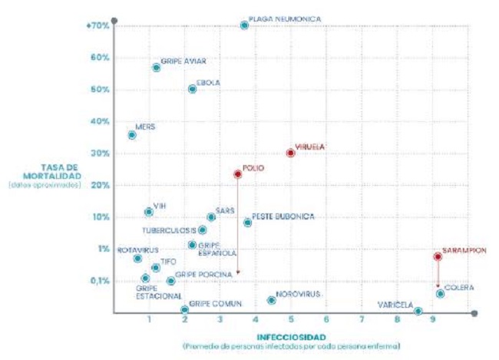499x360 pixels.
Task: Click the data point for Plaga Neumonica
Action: click(x=244, y=25)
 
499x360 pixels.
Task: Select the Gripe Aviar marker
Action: click(x=156, y=68)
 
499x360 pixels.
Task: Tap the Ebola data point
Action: click(x=192, y=89)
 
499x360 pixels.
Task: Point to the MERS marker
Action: click(x=132, y=134)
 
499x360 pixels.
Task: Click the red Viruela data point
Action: click(x=290, y=153)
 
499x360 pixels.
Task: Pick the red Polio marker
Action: click(x=237, y=174)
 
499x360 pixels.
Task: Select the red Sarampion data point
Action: click(x=437, y=256)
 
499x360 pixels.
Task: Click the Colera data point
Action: click(x=440, y=294)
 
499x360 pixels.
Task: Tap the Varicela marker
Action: click(x=418, y=311)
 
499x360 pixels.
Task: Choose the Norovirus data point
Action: click(x=271, y=300)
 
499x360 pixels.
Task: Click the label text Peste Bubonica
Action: click(x=283, y=217)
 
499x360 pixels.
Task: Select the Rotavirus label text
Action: click(x=139, y=250)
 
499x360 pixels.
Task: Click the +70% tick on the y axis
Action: click(x=98, y=25)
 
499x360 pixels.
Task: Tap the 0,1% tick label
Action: click(x=100, y=281)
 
